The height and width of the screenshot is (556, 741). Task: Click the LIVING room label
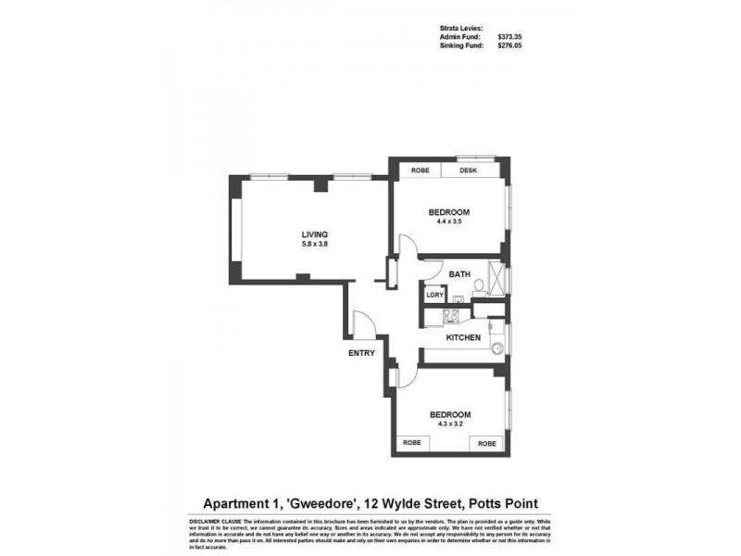[x=315, y=234]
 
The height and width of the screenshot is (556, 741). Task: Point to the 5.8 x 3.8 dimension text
[x=315, y=244]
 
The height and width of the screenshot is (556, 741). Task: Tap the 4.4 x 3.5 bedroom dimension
[x=448, y=221]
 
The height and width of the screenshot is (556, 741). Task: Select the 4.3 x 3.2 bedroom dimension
[x=448, y=423]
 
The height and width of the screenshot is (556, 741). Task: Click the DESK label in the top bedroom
[x=468, y=171]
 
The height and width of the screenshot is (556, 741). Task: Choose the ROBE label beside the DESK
[x=421, y=171]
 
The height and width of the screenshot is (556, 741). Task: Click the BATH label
[x=459, y=274]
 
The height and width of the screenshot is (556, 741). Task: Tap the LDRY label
[x=434, y=296]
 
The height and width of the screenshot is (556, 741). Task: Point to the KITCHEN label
[x=463, y=337]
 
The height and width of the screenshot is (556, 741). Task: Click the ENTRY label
[x=361, y=353]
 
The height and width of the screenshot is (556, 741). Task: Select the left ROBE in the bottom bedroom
[x=412, y=444]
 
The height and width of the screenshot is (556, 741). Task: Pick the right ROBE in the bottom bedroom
[x=487, y=444]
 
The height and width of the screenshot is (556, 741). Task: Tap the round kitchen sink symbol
[x=497, y=349]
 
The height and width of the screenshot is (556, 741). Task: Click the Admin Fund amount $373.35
[x=510, y=36]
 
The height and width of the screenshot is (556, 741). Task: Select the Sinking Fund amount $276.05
[x=510, y=44]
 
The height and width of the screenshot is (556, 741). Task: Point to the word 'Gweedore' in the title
[x=320, y=503]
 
